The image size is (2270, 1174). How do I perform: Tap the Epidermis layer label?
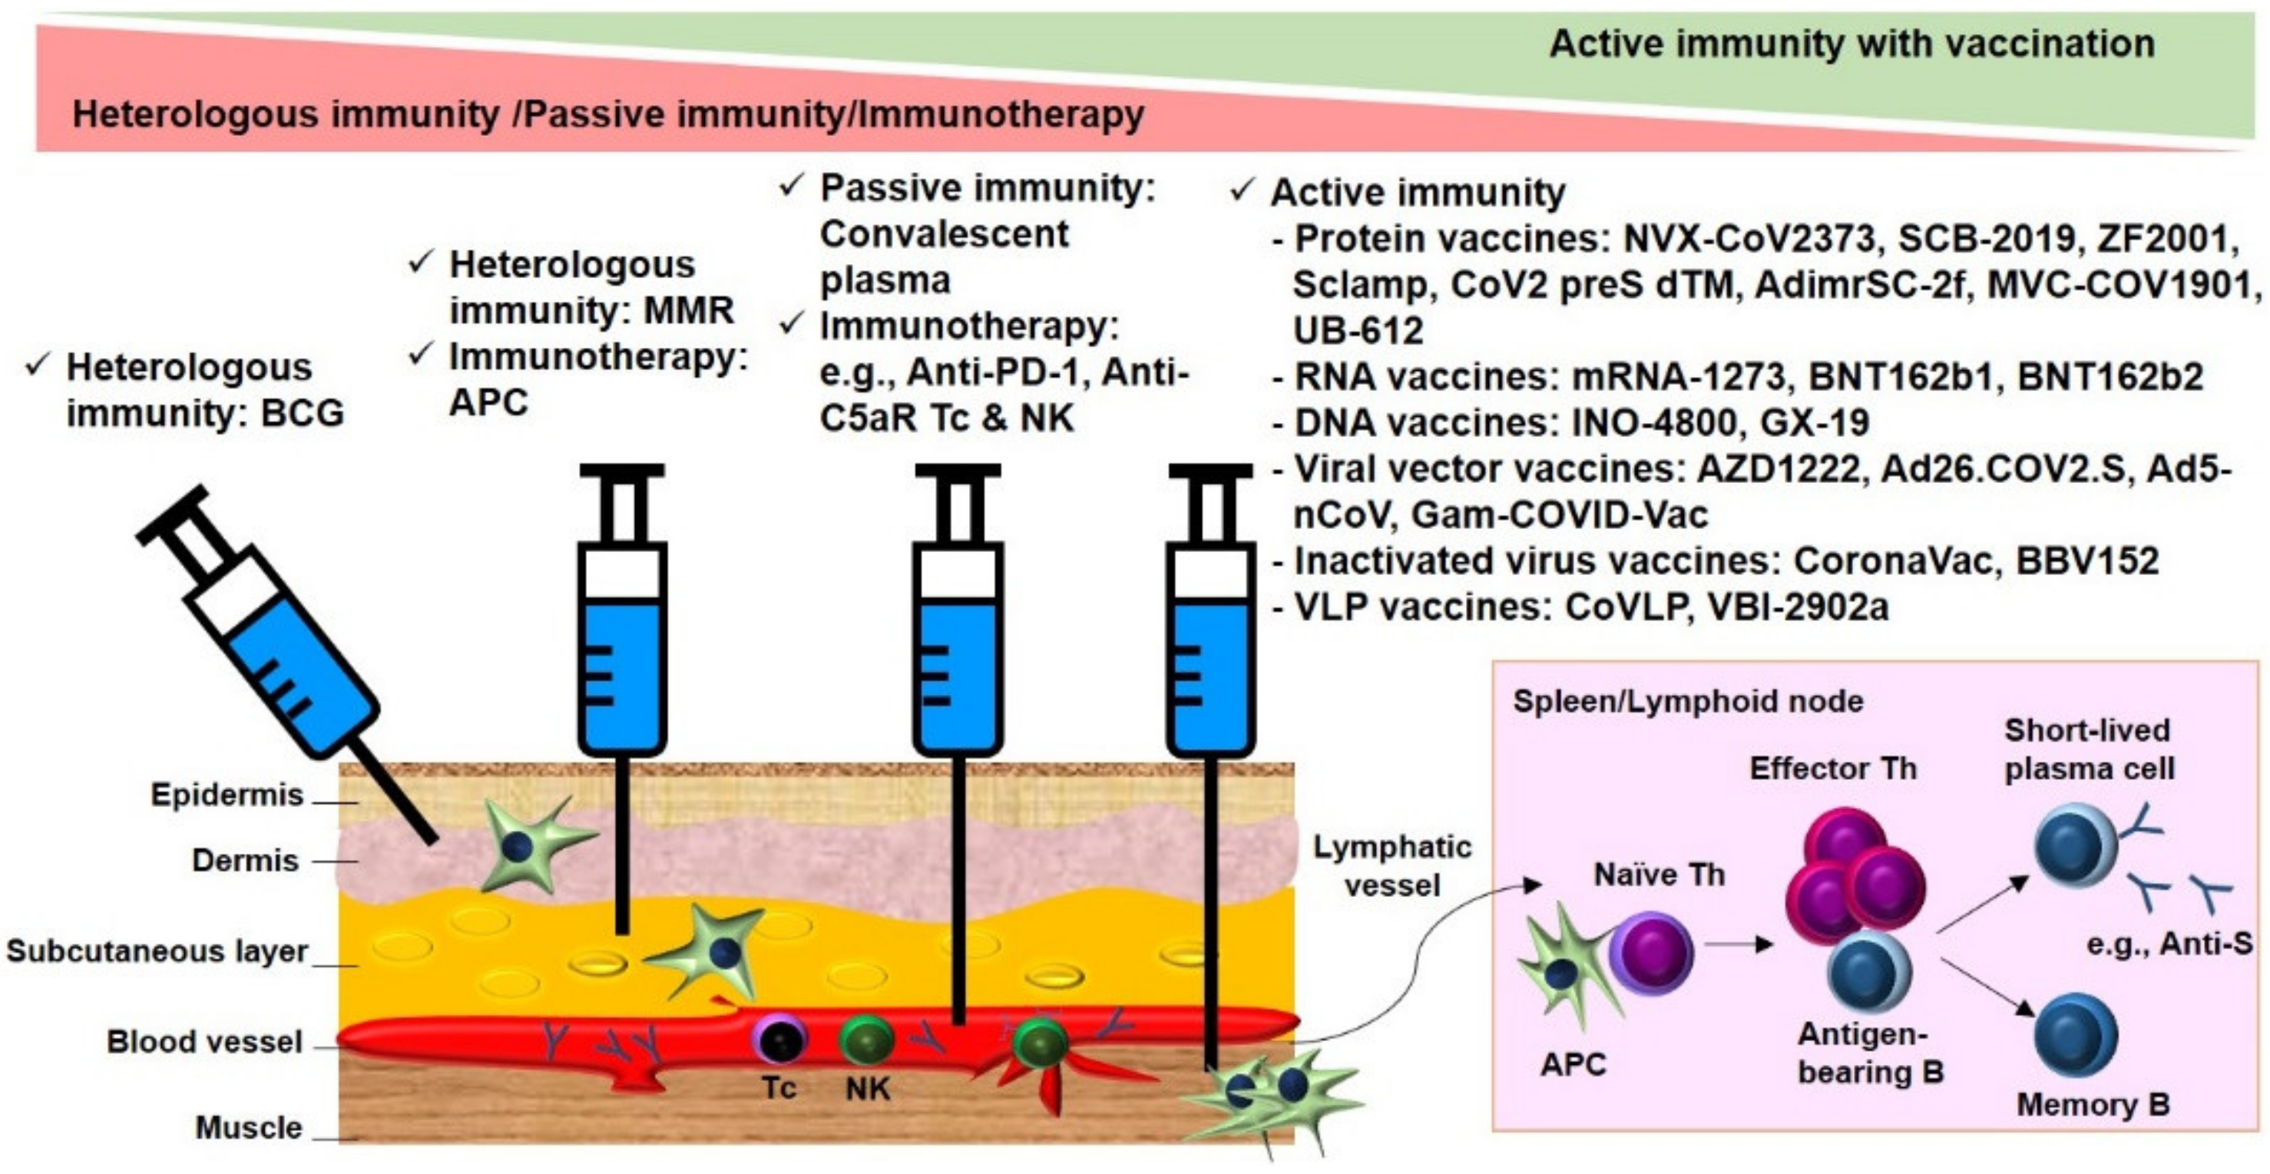pyautogui.click(x=227, y=795)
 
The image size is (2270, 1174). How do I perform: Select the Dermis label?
pyautogui.click(x=245, y=860)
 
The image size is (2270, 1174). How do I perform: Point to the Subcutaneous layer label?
pyautogui.click(x=157, y=952)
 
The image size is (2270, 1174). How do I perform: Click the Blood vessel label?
pyautogui.click(x=204, y=1042)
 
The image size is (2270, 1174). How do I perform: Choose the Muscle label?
pyautogui.click(x=249, y=1128)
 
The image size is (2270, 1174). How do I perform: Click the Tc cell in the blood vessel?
pyautogui.click(x=780, y=1040)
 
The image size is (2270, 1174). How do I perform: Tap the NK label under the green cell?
pyautogui.click(x=867, y=1090)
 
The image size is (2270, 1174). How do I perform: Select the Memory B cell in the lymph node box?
pyautogui.click(x=2075, y=1037)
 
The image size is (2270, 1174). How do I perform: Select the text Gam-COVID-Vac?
pyautogui.click(x=1560, y=514)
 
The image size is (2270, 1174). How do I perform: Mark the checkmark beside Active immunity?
pyautogui.click(x=1242, y=190)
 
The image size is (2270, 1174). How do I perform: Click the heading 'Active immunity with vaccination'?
pyautogui.click(x=1851, y=44)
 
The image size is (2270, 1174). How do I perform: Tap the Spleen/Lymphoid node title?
pyautogui.click(x=1687, y=702)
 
